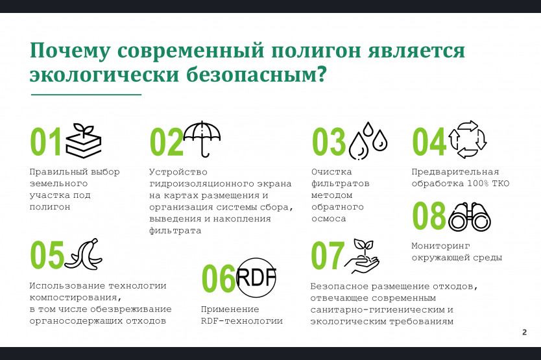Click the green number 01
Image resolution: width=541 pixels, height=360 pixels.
click(x=46, y=141)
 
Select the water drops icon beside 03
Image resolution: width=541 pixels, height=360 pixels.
click(x=368, y=141)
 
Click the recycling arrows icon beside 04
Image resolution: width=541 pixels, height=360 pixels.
click(x=468, y=139)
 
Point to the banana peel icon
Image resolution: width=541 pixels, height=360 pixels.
click(x=84, y=254)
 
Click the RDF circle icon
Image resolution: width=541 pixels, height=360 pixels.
click(x=256, y=278)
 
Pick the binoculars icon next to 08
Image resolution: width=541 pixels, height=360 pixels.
click(x=470, y=217)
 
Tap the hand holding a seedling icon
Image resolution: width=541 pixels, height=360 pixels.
click(x=361, y=256)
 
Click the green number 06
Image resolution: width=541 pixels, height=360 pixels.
click(x=219, y=278)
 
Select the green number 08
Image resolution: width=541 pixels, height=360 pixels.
click(x=429, y=216)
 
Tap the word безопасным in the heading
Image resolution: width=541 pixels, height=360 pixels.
click(x=256, y=74)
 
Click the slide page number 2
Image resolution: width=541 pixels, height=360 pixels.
click(x=524, y=332)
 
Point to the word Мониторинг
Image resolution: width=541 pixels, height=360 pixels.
click(x=440, y=246)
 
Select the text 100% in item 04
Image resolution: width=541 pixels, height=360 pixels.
click(x=478, y=184)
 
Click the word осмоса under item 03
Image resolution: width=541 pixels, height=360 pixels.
click(x=328, y=219)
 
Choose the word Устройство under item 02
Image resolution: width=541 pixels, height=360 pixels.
click(x=178, y=172)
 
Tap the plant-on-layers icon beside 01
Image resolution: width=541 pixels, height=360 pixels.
click(x=84, y=141)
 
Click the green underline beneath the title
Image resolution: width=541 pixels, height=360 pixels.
click(x=86, y=94)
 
